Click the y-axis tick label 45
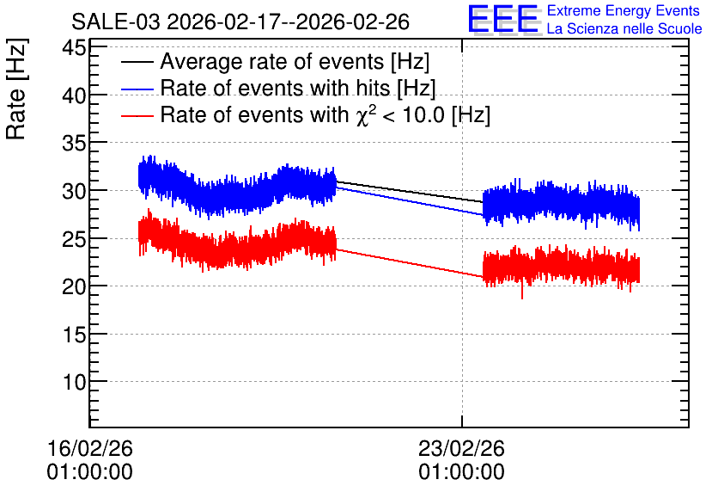click(x=74, y=47)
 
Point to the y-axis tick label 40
click(x=74, y=95)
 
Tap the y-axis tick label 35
click(x=74, y=143)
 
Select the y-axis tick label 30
click(x=74, y=191)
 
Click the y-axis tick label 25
click(x=74, y=238)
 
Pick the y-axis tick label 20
click(x=74, y=286)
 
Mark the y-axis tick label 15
click(x=74, y=335)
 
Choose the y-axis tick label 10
click(x=74, y=382)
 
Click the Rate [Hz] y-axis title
click(x=16, y=89)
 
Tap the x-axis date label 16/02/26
click(x=89, y=448)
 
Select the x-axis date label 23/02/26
click(x=461, y=448)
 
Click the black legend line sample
click(x=137, y=62)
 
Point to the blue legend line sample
click(x=137, y=89)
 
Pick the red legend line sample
click(x=137, y=115)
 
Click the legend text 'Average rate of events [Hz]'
click(x=295, y=62)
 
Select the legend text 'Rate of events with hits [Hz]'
click(x=298, y=88)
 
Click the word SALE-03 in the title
click(x=116, y=22)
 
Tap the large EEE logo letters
click(x=503, y=19)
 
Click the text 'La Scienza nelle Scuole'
click(x=624, y=28)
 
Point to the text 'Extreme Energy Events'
click(x=624, y=10)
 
